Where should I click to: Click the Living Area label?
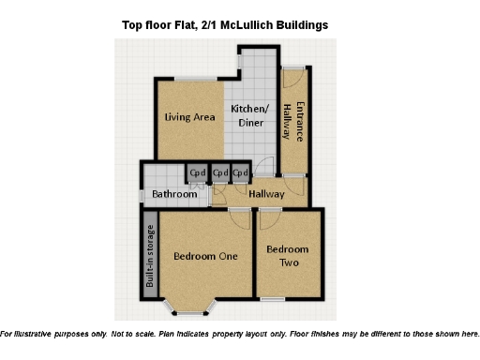(190, 117)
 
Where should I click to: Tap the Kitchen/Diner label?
(250, 114)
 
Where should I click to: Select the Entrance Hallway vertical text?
(294, 121)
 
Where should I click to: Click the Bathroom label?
(174, 194)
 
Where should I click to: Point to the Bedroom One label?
(205, 255)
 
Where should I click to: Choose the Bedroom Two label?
(286, 256)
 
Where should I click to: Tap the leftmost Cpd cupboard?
(198, 173)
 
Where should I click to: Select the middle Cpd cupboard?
(220, 173)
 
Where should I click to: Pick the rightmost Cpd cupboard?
(241, 173)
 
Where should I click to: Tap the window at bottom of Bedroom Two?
(273, 299)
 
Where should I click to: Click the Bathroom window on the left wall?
(142, 195)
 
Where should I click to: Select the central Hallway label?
(266, 193)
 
